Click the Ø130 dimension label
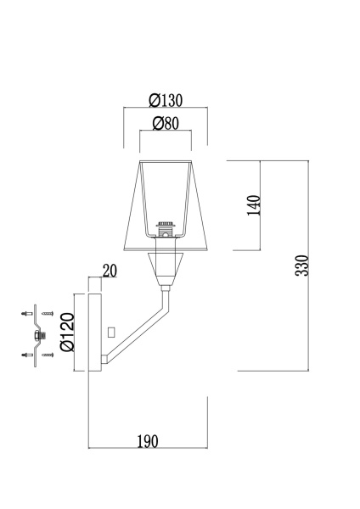tap(166, 99)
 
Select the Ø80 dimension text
tap(166, 124)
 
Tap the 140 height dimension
tap(254, 204)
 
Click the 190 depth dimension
tap(148, 441)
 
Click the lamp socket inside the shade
tap(166, 227)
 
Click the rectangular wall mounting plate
tap(95, 332)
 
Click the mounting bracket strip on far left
tap(36, 335)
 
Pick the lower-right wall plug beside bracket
tap(48, 354)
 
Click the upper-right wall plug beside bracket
tap(48, 315)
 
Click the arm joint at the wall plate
tap(106, 361)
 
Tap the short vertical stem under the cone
tap(166, 294)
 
